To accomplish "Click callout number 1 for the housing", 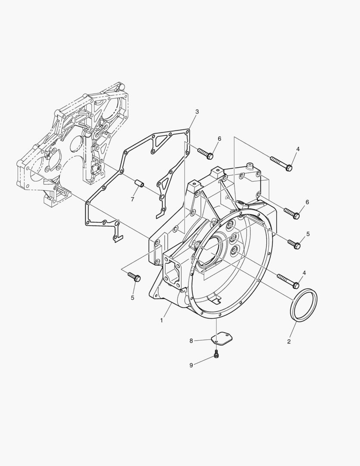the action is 162,320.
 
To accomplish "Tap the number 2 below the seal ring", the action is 289,342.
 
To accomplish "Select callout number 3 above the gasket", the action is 197,112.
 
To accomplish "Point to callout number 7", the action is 133,199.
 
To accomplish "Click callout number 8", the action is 191,341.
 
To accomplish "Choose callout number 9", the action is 191,365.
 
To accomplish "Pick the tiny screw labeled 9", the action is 216,354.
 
